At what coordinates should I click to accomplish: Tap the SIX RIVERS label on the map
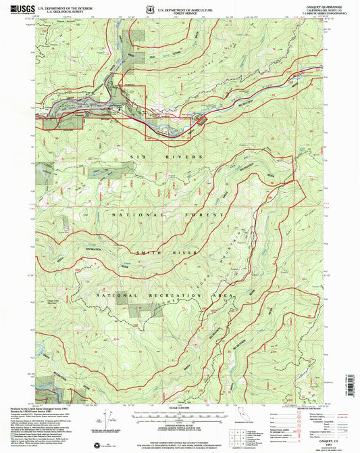click(x=154, y=156)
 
